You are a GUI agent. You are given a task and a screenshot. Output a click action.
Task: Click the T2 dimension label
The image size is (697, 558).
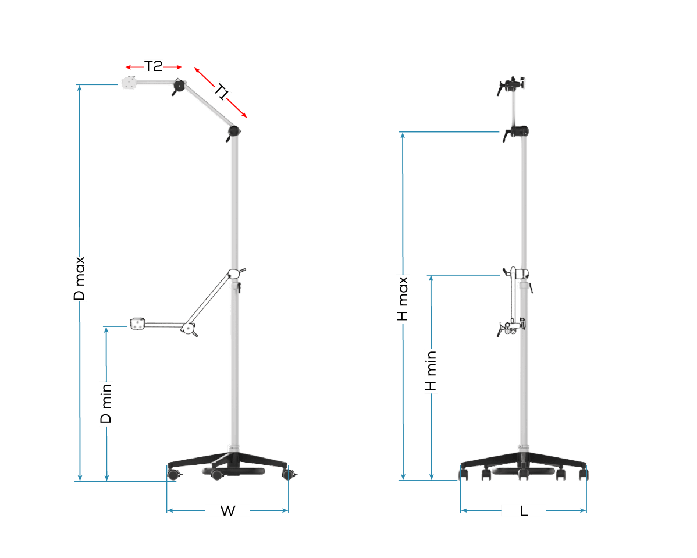coord(154,66)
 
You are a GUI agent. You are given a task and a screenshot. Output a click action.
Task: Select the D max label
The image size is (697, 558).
coord(80,279)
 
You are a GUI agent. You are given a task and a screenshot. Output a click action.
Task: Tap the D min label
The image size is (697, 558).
coord(106,403)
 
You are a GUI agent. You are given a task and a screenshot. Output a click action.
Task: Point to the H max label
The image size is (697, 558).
coord(403,299)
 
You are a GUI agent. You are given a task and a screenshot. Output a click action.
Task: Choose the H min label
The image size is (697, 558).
coord(431,371)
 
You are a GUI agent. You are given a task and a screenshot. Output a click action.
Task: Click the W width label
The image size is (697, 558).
coord(227,511)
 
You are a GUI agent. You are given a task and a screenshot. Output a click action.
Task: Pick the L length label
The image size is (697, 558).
coord(524,511)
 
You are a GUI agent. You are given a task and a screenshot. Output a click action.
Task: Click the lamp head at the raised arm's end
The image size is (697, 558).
coord(129,83)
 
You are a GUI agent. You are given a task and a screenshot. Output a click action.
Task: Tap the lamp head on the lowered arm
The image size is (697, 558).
coord(138,323)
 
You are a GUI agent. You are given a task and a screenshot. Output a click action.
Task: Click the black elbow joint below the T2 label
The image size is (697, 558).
coord(179,87)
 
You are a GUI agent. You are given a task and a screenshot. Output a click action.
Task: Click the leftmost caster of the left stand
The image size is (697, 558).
coord(173,475)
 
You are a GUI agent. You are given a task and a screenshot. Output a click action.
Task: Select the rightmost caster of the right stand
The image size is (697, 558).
coord(583,475)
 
